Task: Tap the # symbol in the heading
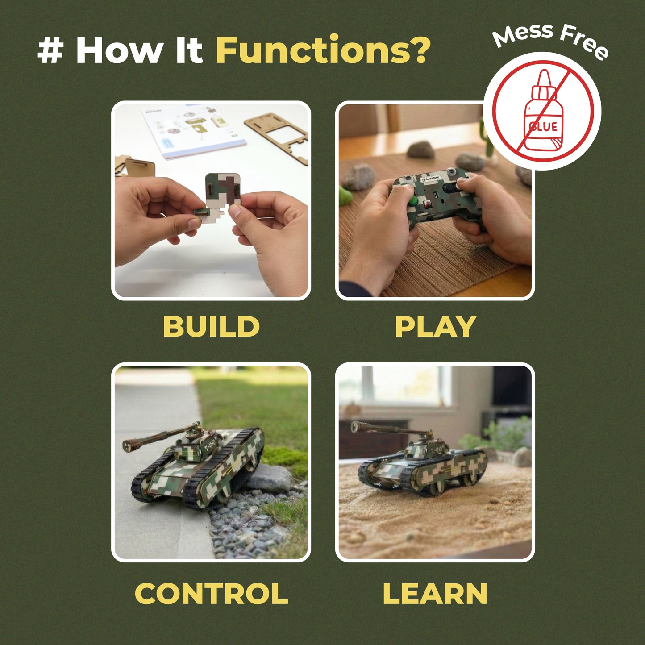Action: [x=50, y=50]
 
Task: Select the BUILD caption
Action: [x=211, y=326]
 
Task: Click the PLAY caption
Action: [x=435, y=326]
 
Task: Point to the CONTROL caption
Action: [x=211, y=594]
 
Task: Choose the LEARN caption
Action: [x=435, y=594]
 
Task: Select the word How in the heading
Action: [x=119, y=50]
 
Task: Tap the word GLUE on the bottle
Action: [x=543, y=127]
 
